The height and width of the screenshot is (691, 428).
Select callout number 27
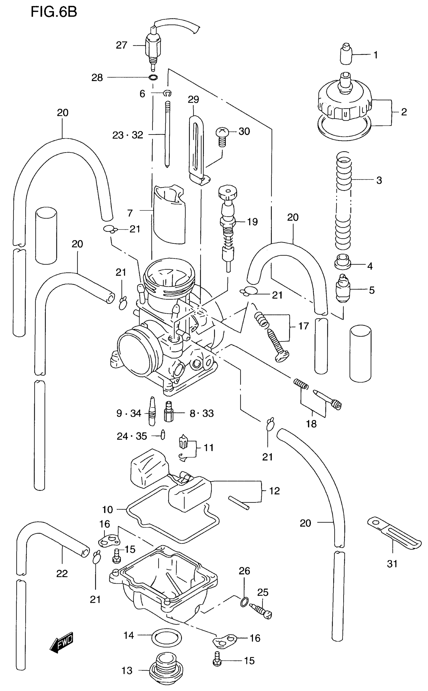coord(121,45)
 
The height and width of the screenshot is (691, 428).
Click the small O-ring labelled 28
coord(153,77)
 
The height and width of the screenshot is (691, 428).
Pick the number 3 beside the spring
coord(379,180)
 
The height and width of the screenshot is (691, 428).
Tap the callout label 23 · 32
coord(128,135)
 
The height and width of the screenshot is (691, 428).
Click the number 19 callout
coord(252,222)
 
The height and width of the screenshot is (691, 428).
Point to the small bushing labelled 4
coord(343,262)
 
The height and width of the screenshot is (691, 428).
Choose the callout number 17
coord(303,326)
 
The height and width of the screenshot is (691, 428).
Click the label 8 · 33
coord(202,413)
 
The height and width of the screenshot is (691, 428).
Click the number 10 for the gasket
coord(107,509)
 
